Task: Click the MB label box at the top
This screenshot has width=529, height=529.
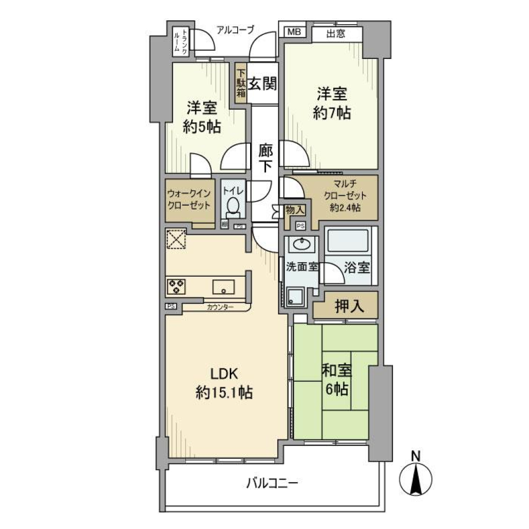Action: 293,33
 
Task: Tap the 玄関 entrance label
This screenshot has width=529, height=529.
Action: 261,84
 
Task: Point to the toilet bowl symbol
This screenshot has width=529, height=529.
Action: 233,208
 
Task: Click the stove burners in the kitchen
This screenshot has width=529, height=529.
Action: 176,286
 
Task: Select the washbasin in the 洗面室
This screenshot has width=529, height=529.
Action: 301,244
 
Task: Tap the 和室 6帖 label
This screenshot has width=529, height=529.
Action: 336,380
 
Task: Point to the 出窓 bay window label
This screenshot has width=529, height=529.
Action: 336,34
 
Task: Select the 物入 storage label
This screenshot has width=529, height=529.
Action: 294,210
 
